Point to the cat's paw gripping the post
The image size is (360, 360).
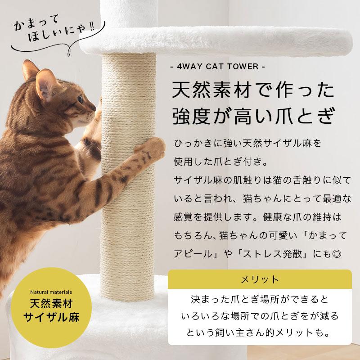pos(151,147)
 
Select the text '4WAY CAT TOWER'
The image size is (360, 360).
pos(220,67)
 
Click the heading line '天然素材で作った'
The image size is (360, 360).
pos(253,91)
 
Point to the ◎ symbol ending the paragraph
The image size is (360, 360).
pos(337,254)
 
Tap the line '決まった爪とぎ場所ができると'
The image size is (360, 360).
pos(260,299)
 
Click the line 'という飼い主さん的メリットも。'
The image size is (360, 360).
pos(260,333)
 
